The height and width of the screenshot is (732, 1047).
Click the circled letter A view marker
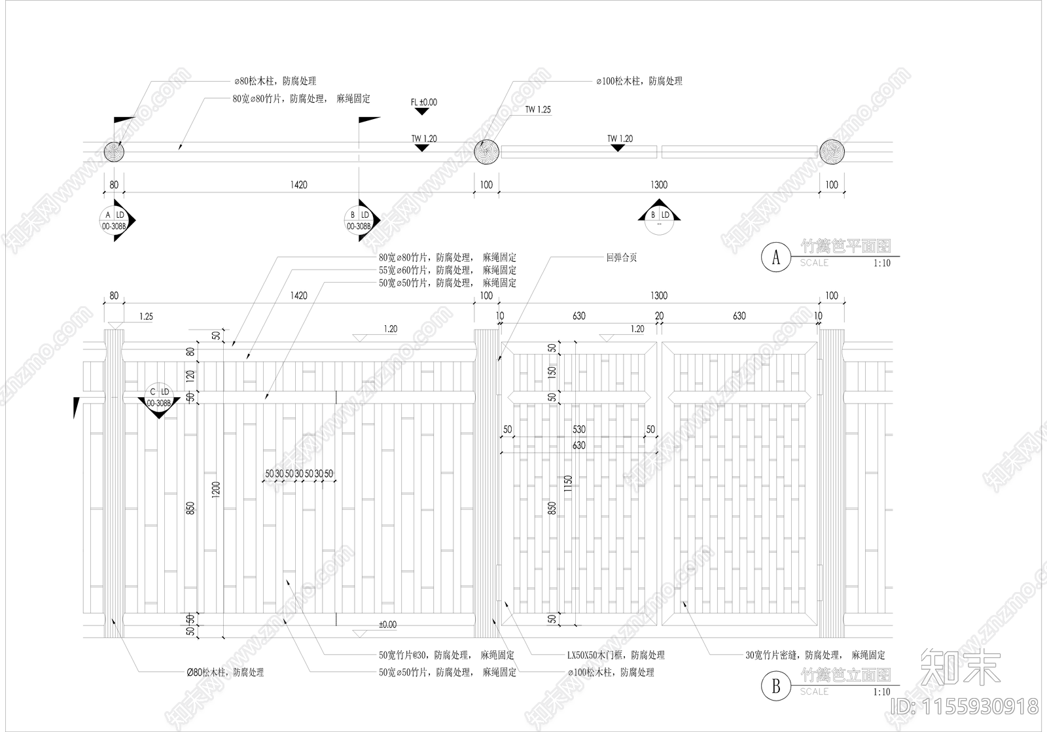(x=777, y=256)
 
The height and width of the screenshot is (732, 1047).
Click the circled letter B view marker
(x=777, y=686)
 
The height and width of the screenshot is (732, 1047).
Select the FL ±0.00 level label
(x=423, y=103)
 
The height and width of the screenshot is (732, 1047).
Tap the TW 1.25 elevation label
(x=537, y=110)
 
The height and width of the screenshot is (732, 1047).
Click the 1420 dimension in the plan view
(x=298, y=185)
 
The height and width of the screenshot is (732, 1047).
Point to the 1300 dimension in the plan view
(x=659, y=185)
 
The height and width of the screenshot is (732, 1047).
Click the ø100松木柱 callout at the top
(x=639, y=81)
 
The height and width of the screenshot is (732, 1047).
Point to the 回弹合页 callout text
(x=621, y=258)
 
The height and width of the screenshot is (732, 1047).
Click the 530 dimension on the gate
(x=579, y=430)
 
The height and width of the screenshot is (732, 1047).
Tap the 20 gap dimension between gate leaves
(x=660, y=316)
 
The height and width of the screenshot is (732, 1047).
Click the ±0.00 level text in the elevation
(x=387, y=625)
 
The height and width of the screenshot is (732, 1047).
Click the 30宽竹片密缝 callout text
(x=815, y=655)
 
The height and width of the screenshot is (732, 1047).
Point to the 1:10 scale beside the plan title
(x=881, y=263)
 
